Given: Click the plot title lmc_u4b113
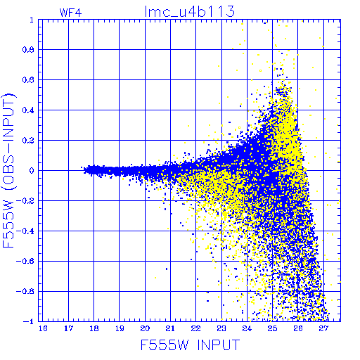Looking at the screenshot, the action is point(190,11).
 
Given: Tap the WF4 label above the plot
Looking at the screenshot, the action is point(70,13).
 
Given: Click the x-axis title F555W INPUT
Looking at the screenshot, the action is point(190,345).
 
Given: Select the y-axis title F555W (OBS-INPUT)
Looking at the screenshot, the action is point(8,171).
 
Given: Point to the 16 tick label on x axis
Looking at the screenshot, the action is point(43,328).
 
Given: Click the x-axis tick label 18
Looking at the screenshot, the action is point(94,328).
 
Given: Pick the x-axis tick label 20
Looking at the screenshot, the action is point(145,328).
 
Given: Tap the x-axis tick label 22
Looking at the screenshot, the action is point(196,328).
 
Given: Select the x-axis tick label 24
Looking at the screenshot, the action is point(247,328).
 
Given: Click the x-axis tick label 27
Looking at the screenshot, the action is point(323,328).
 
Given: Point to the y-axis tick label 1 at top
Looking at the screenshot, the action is point(32,20).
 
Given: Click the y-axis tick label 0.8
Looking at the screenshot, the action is point(28,50).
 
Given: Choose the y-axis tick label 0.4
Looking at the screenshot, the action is point(28,110).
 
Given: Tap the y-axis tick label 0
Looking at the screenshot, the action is point(32,171).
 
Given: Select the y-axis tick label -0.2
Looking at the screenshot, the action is point(25,201).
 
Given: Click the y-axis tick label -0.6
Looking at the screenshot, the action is point(25,261).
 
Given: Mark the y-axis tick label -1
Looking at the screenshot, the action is point(29,321).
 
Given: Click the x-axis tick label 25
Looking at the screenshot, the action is point(272,328).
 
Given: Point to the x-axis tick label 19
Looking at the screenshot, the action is point(120,328).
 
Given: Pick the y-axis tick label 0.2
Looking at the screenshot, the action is point(28,141).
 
